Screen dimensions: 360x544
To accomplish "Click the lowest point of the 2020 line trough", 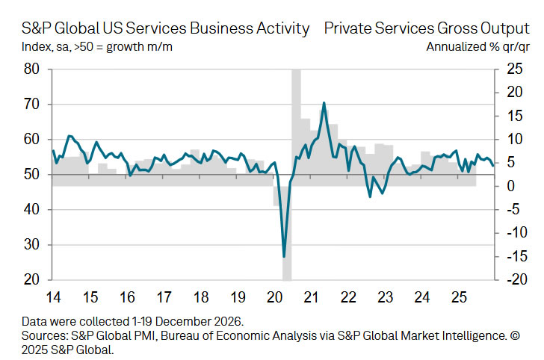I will click(284, 257).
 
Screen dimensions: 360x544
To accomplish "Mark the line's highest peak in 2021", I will click(324, 102).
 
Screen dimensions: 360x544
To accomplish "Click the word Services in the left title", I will click(155, 29).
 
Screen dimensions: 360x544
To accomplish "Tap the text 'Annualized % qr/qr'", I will click(474, 47).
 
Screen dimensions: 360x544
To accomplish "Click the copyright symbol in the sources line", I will click(513, 335).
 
